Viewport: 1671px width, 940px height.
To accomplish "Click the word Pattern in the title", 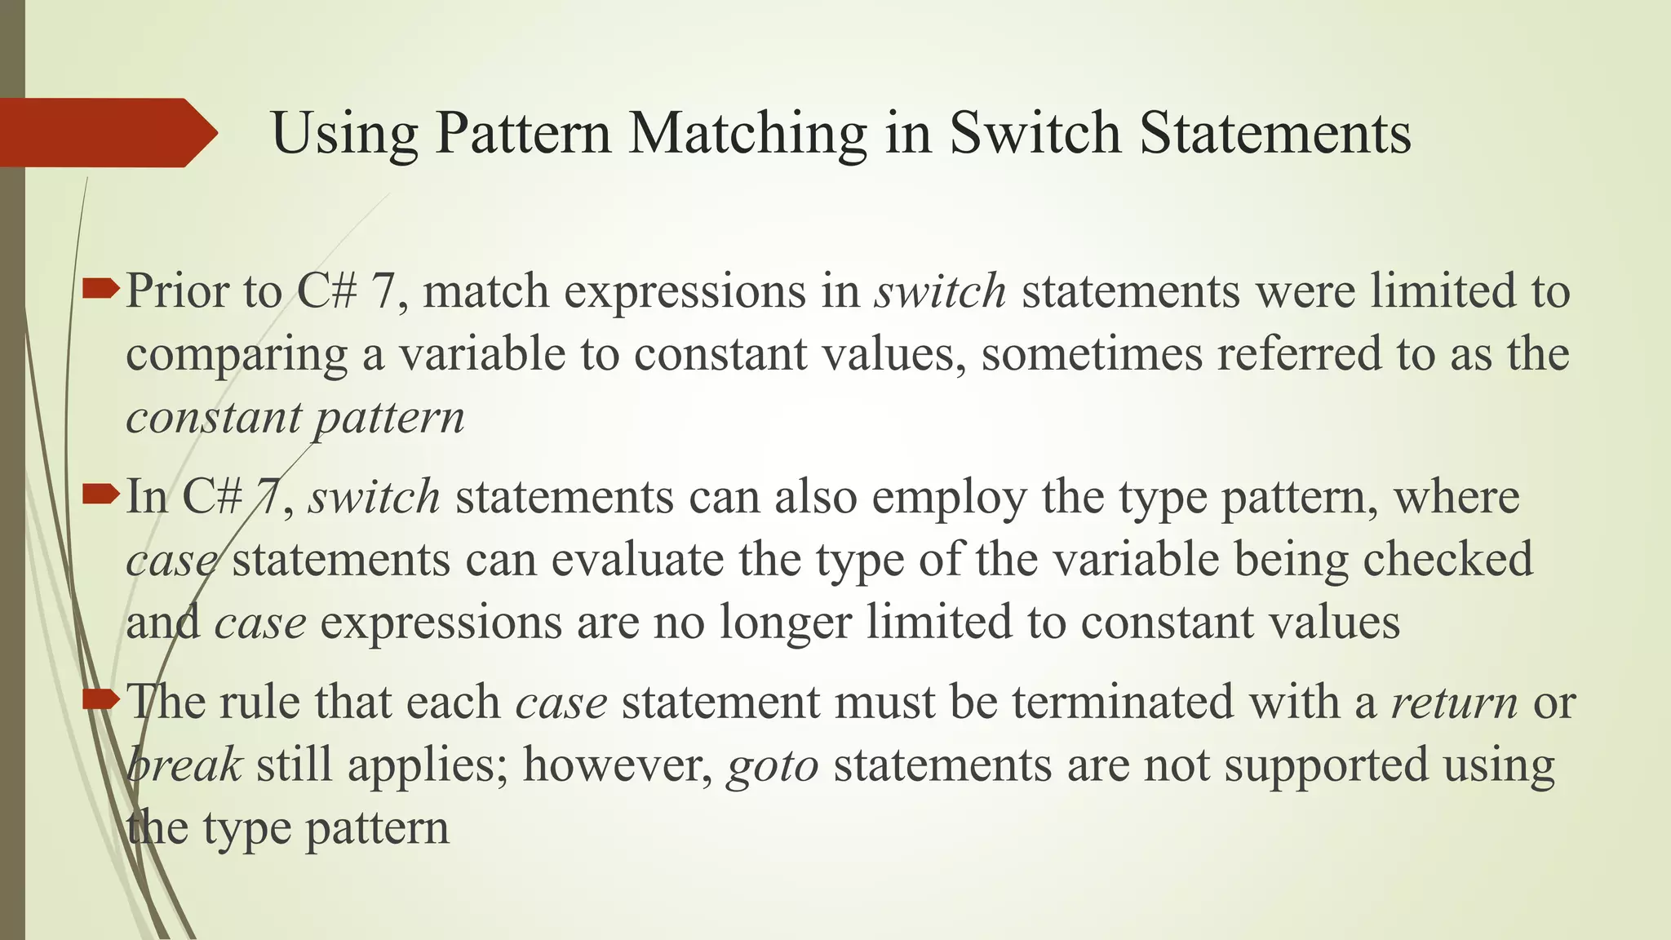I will click(x=522, y=133).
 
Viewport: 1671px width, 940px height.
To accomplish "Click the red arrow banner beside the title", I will click(x=106, y=133).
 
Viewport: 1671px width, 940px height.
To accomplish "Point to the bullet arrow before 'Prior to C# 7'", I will click(x=101, y=286).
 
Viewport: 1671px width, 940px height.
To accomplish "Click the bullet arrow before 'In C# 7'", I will click(x=101, y=492).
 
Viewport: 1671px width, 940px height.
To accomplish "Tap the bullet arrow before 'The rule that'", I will click(x=101, y=698).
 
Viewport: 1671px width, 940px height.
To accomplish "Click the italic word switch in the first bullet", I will click(x=940, y=291).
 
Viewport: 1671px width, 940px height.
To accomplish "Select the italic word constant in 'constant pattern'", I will click(x=214, y=418).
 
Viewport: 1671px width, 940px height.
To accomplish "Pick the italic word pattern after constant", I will click(x=390, y=419).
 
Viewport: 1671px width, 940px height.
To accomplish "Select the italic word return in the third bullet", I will click(x=1454, y=703).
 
